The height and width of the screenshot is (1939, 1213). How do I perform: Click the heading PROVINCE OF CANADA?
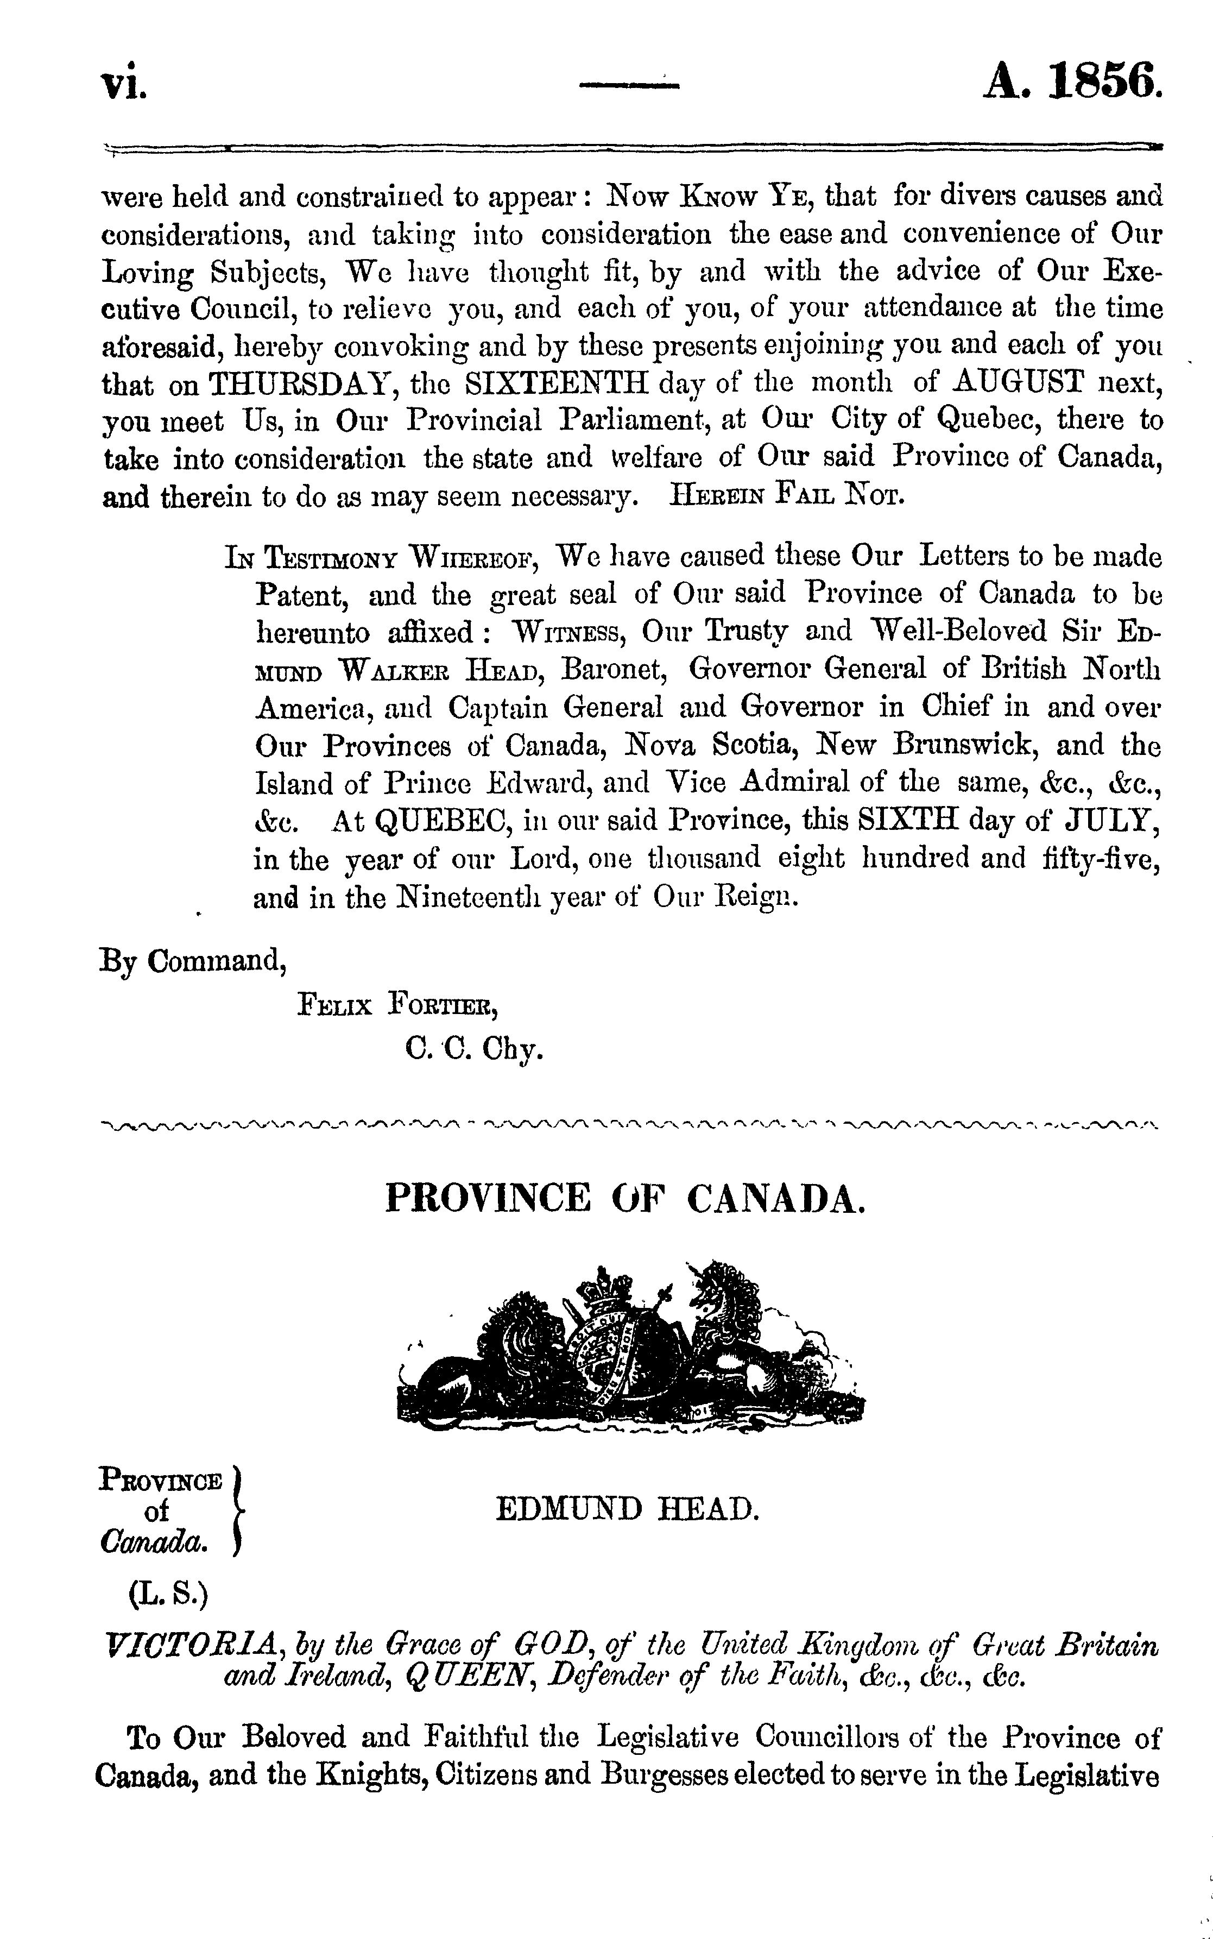pos(626,1199)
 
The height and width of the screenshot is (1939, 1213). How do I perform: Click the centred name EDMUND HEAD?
pos(627,1510)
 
